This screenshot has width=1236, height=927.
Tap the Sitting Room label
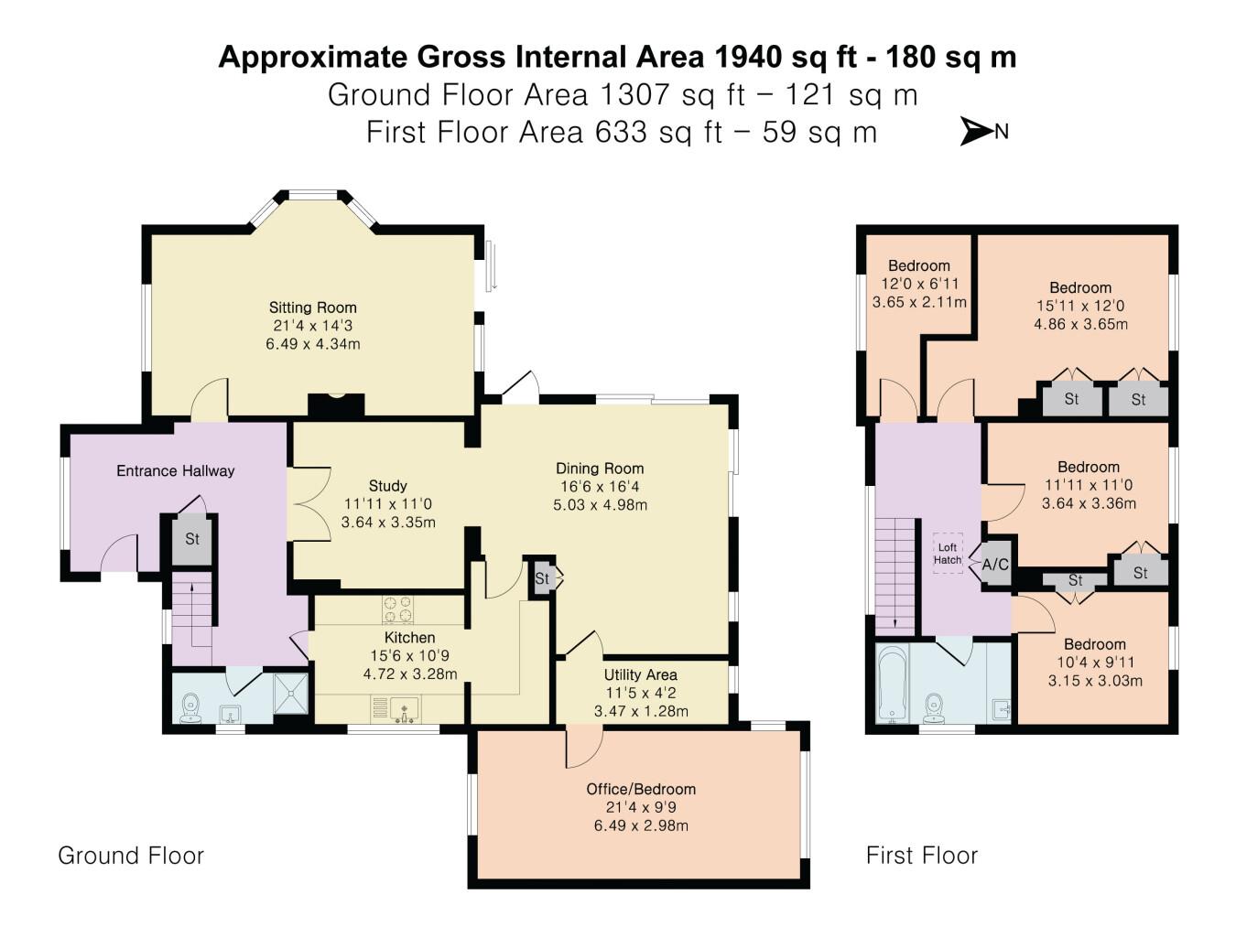point(312,307)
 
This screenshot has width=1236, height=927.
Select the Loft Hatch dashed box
point(948,554)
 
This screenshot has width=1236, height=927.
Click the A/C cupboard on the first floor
point(995,565)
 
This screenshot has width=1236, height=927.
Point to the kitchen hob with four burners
point(397,609)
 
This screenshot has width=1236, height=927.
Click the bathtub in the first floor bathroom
point(892,683)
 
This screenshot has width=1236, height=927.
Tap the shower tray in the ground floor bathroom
point(290,694)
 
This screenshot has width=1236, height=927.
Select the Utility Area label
point(640,674)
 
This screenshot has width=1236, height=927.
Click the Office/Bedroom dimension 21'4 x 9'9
point(641,807)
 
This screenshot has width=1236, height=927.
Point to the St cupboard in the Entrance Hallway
point(192,540)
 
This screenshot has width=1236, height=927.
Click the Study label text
point(387,486)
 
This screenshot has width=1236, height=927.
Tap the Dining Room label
point(600,469)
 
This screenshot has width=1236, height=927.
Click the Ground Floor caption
point(131,856)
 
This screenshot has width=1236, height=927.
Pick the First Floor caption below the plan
point(922,856)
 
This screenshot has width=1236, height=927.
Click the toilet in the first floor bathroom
point(934,708)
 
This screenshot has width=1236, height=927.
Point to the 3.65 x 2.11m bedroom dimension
point(919,302)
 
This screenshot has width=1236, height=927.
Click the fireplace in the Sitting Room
point(336,404)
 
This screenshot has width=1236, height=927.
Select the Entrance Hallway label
point(175,471)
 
